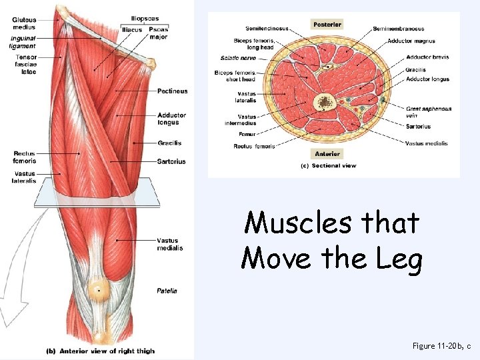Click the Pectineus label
click(x=173, y=91)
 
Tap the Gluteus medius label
click(x=24, y=24)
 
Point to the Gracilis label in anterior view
click(x=169, y=143)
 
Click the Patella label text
click(x=167, y=291)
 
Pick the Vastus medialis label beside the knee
click(x=170, y=245)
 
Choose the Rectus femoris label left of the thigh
click(x=24, y=157)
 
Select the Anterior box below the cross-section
click(x=327, y=154)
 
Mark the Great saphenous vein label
click(x=429, y=112)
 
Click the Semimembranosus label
click(x=398, y=29)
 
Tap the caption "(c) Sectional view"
click(x=330, y=166)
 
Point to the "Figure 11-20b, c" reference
click(x=441, y=346)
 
